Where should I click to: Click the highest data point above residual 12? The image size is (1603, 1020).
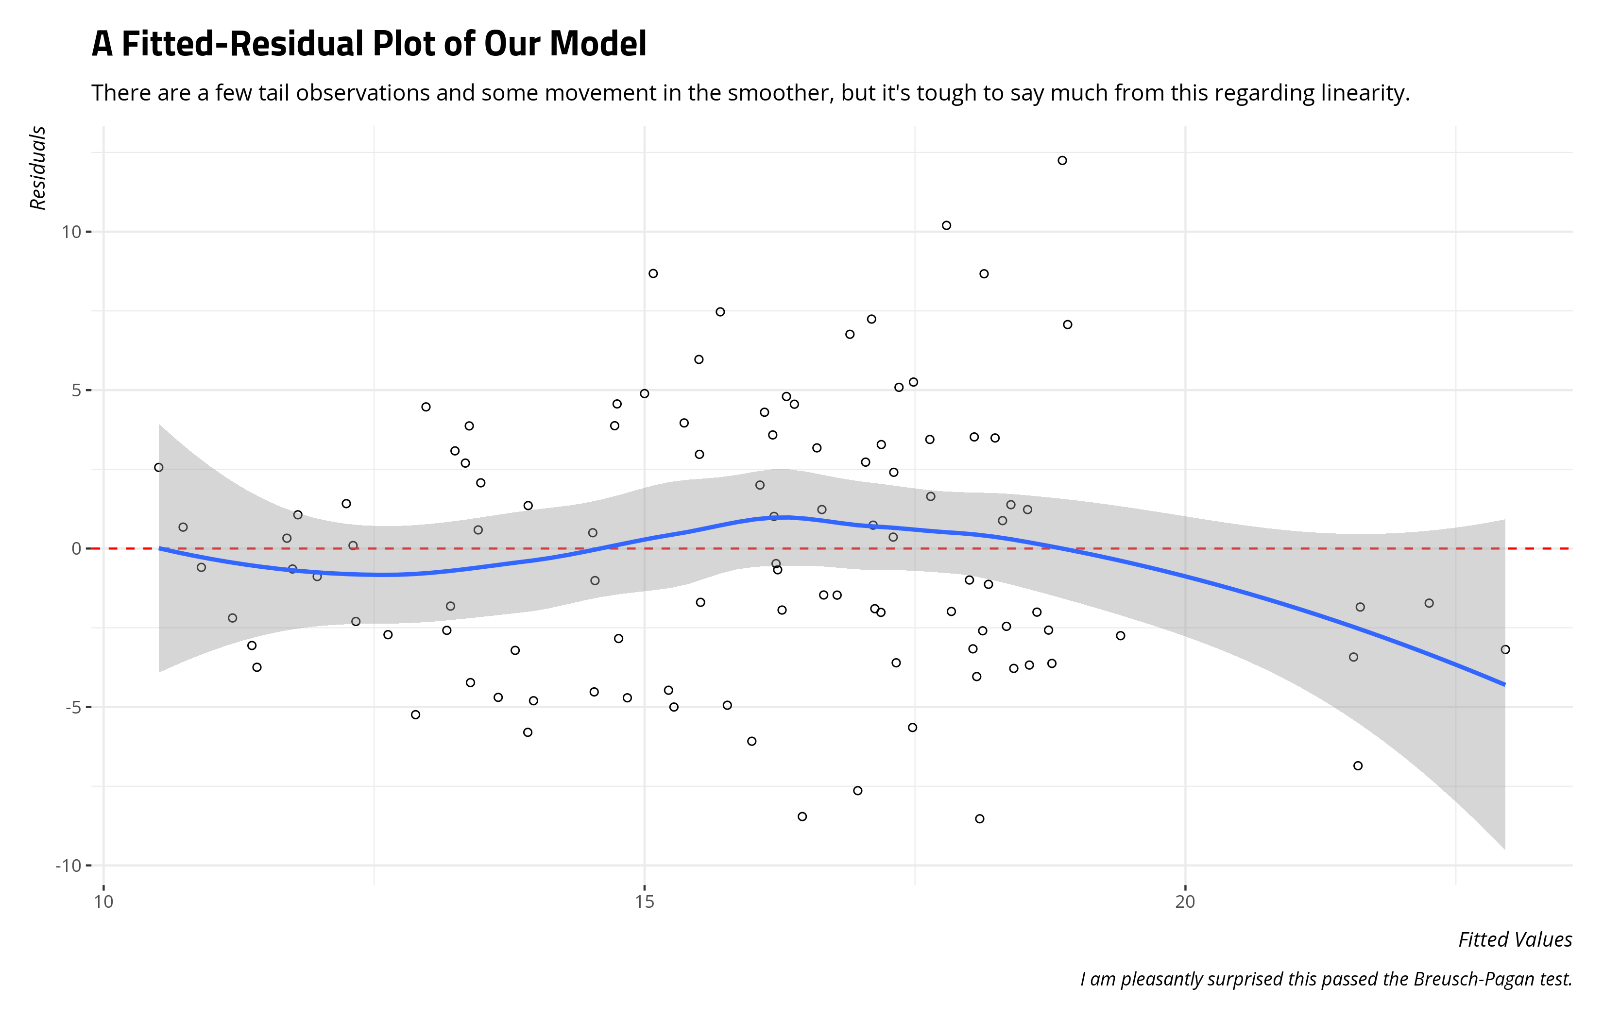[x=1062, y=160]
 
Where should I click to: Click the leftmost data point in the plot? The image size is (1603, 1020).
[x=158, y=467]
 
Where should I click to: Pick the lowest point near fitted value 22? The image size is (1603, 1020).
[x=1358, y=765]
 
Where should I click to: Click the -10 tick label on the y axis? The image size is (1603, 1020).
[x=68, y=866]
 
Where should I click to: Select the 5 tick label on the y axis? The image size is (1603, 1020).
[x=77, y=390]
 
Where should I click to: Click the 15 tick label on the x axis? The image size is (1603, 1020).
[x=645, y=902]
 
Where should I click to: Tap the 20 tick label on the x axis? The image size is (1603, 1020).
[x=1185, y=902]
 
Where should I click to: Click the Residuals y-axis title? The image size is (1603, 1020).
[x=38, y=168]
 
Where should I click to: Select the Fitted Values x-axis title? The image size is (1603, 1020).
[x=1515, y=939]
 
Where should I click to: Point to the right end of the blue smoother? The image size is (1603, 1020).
[x=1504, y=684]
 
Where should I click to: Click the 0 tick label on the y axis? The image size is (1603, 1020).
[x=77, y=549]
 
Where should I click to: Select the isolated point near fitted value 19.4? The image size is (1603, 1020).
[x=1120, y=636]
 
